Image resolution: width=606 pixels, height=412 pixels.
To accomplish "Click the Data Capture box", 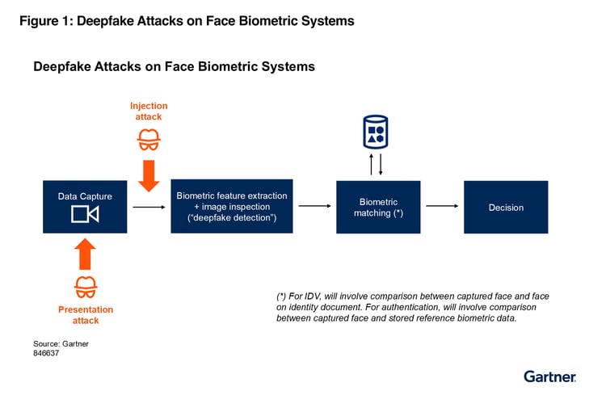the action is point(85,207).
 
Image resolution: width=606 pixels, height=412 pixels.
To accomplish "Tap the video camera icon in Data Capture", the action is point(85,214).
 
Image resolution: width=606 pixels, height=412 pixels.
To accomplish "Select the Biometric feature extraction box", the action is point(232,206).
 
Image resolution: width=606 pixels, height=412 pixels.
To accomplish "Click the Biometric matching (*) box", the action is point(378,207).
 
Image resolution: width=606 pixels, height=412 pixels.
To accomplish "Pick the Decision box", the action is point(506,207).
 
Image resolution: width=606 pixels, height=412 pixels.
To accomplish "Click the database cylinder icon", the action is point(376,132).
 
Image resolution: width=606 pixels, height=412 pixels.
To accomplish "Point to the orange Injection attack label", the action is point(149,111).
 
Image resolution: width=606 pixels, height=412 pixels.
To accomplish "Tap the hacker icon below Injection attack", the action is point(149,140).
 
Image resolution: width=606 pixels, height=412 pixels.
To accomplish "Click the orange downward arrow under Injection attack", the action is point(149,176).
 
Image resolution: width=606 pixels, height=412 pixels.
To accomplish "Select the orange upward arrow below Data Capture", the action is point(85,254).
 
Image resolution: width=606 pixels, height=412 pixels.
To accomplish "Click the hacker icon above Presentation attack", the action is point(86,287).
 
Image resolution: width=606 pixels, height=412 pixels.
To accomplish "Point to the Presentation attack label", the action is point(86,315).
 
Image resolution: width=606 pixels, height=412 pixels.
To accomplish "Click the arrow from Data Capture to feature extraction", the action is point(149,207).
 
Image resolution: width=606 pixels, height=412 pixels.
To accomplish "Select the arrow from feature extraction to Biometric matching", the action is point(314,206).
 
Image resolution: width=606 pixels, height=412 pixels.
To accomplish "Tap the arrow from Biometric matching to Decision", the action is point(442,206).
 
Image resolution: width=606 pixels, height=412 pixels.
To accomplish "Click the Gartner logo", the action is point(550,376).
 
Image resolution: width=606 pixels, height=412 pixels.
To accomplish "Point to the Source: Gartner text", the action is point(61,343).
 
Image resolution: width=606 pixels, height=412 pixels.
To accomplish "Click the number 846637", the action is point(46,353).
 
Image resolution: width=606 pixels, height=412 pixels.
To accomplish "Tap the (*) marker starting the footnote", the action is point(281,296).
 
